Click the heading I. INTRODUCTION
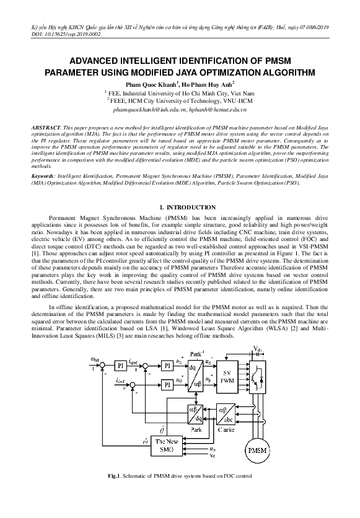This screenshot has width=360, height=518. click(x=180, y=205)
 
